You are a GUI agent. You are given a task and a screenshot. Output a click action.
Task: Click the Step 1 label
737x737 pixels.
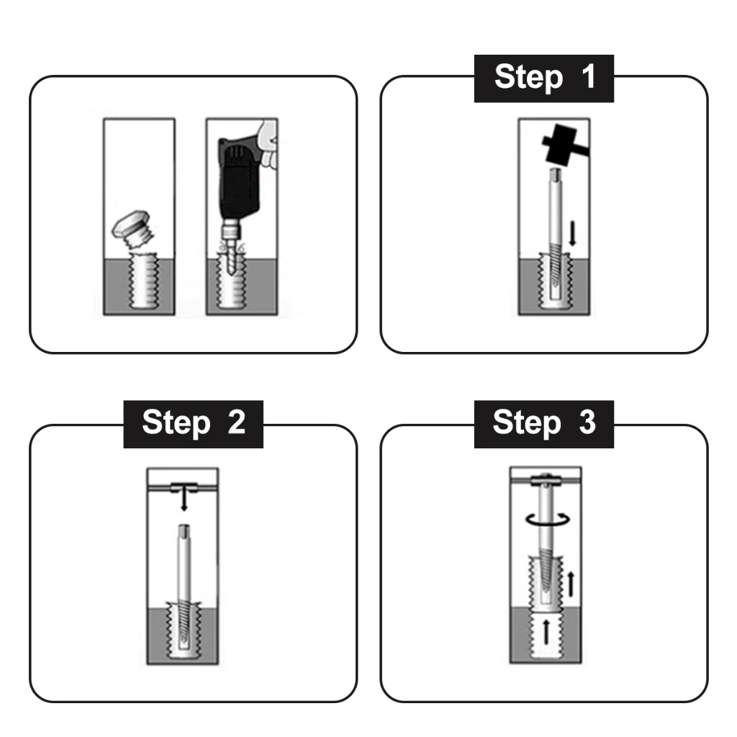click(544, 78)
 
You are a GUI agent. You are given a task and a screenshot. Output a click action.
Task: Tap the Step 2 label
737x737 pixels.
click(193, 423)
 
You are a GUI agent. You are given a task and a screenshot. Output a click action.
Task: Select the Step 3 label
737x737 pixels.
click(544, 423)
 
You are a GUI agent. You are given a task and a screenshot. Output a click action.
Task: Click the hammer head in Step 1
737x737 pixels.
click(560, 144)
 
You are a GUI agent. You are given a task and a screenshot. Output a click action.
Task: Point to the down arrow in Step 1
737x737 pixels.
click(572, 234)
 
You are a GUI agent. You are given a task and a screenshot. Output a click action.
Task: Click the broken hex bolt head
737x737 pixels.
click(130, 225)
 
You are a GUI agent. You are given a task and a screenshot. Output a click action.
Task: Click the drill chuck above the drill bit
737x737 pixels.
click(230, 230)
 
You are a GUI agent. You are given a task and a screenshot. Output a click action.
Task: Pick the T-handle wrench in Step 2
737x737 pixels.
click(184, 487)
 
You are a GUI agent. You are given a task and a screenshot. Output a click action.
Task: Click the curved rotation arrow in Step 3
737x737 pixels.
click(547, 519)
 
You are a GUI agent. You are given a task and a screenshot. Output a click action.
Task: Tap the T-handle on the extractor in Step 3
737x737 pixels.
click(546, 480)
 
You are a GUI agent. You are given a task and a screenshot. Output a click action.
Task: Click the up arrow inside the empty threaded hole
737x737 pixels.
click(546, 632)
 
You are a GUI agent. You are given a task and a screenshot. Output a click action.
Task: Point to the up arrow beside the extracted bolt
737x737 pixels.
click(571, 584)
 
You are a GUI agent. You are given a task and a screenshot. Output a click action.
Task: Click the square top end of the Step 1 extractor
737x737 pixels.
click(555, 174)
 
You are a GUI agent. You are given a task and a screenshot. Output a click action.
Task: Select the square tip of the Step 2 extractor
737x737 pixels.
click(184, 530)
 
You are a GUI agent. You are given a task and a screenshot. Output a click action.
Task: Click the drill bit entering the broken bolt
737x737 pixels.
click(230, 258)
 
